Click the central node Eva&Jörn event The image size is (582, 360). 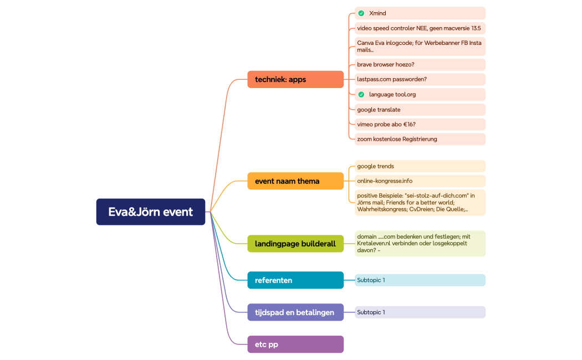coord(150,212)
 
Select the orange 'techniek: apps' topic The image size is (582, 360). coord(295,79)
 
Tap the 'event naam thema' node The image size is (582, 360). coord(295,181)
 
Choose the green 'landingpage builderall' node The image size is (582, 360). coord(295,244)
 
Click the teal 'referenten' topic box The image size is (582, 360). coord(295,280)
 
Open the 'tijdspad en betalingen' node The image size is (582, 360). coord(295,312)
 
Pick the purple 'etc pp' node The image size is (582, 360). coord(295,344)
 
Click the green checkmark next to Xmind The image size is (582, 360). coord(361,13)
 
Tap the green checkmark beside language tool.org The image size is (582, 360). coord(361,94)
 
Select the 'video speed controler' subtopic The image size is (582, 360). coord(420,28)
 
